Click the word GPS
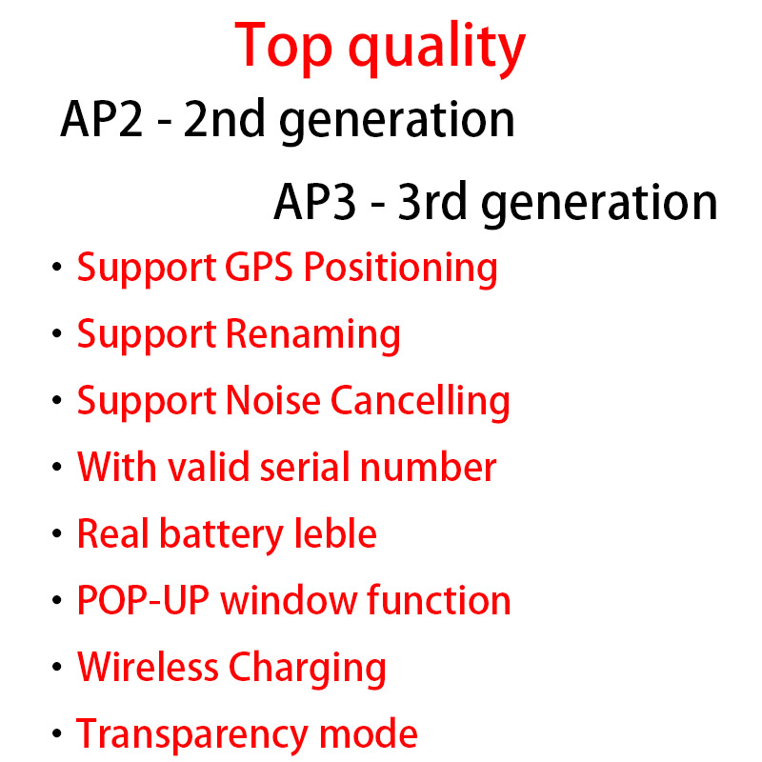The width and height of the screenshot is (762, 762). click(x=261, y=268)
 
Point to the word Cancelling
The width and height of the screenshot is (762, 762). click(x=420, y=402)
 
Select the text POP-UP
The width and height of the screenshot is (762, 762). click(x=142, y=601)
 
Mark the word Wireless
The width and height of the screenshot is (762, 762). click(x=148, y=667)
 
